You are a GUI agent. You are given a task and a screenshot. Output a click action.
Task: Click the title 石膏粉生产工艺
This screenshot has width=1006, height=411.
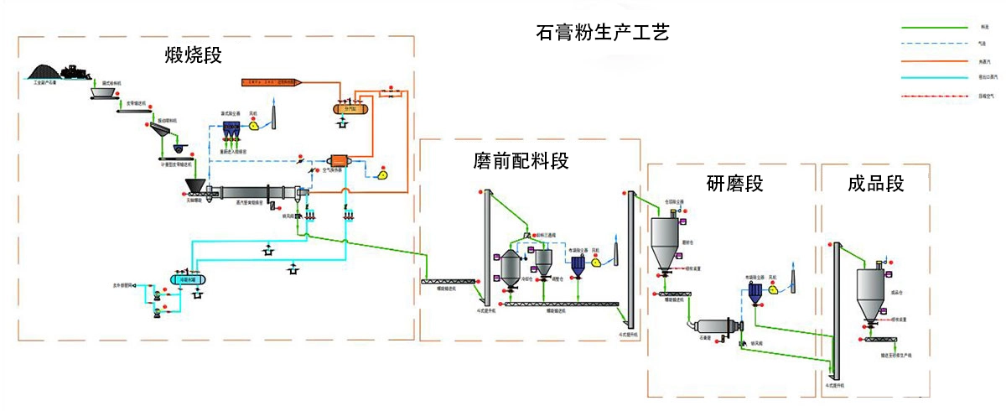click(603, 34)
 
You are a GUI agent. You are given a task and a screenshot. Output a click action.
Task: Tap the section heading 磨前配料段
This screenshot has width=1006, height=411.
click(521, 160)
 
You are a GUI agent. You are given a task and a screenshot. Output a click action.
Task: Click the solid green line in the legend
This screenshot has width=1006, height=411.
click(935, 27)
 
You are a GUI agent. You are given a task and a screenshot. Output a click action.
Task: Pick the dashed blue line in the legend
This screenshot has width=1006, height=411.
click(935, 44)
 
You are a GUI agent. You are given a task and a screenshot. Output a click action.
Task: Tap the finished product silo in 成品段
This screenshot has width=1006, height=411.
click(873, 293)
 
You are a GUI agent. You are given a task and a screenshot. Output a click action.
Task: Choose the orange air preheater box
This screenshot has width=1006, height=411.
click(339, 161)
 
